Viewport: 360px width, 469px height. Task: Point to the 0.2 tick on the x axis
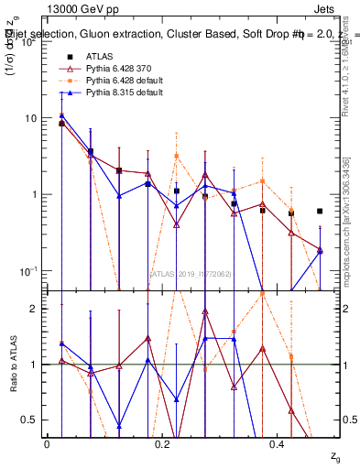(162, 443)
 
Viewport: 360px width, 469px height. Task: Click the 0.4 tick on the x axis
(278, 443)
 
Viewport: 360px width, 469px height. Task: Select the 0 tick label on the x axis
(47, 443)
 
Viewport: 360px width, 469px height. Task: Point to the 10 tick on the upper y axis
(30, 118)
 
